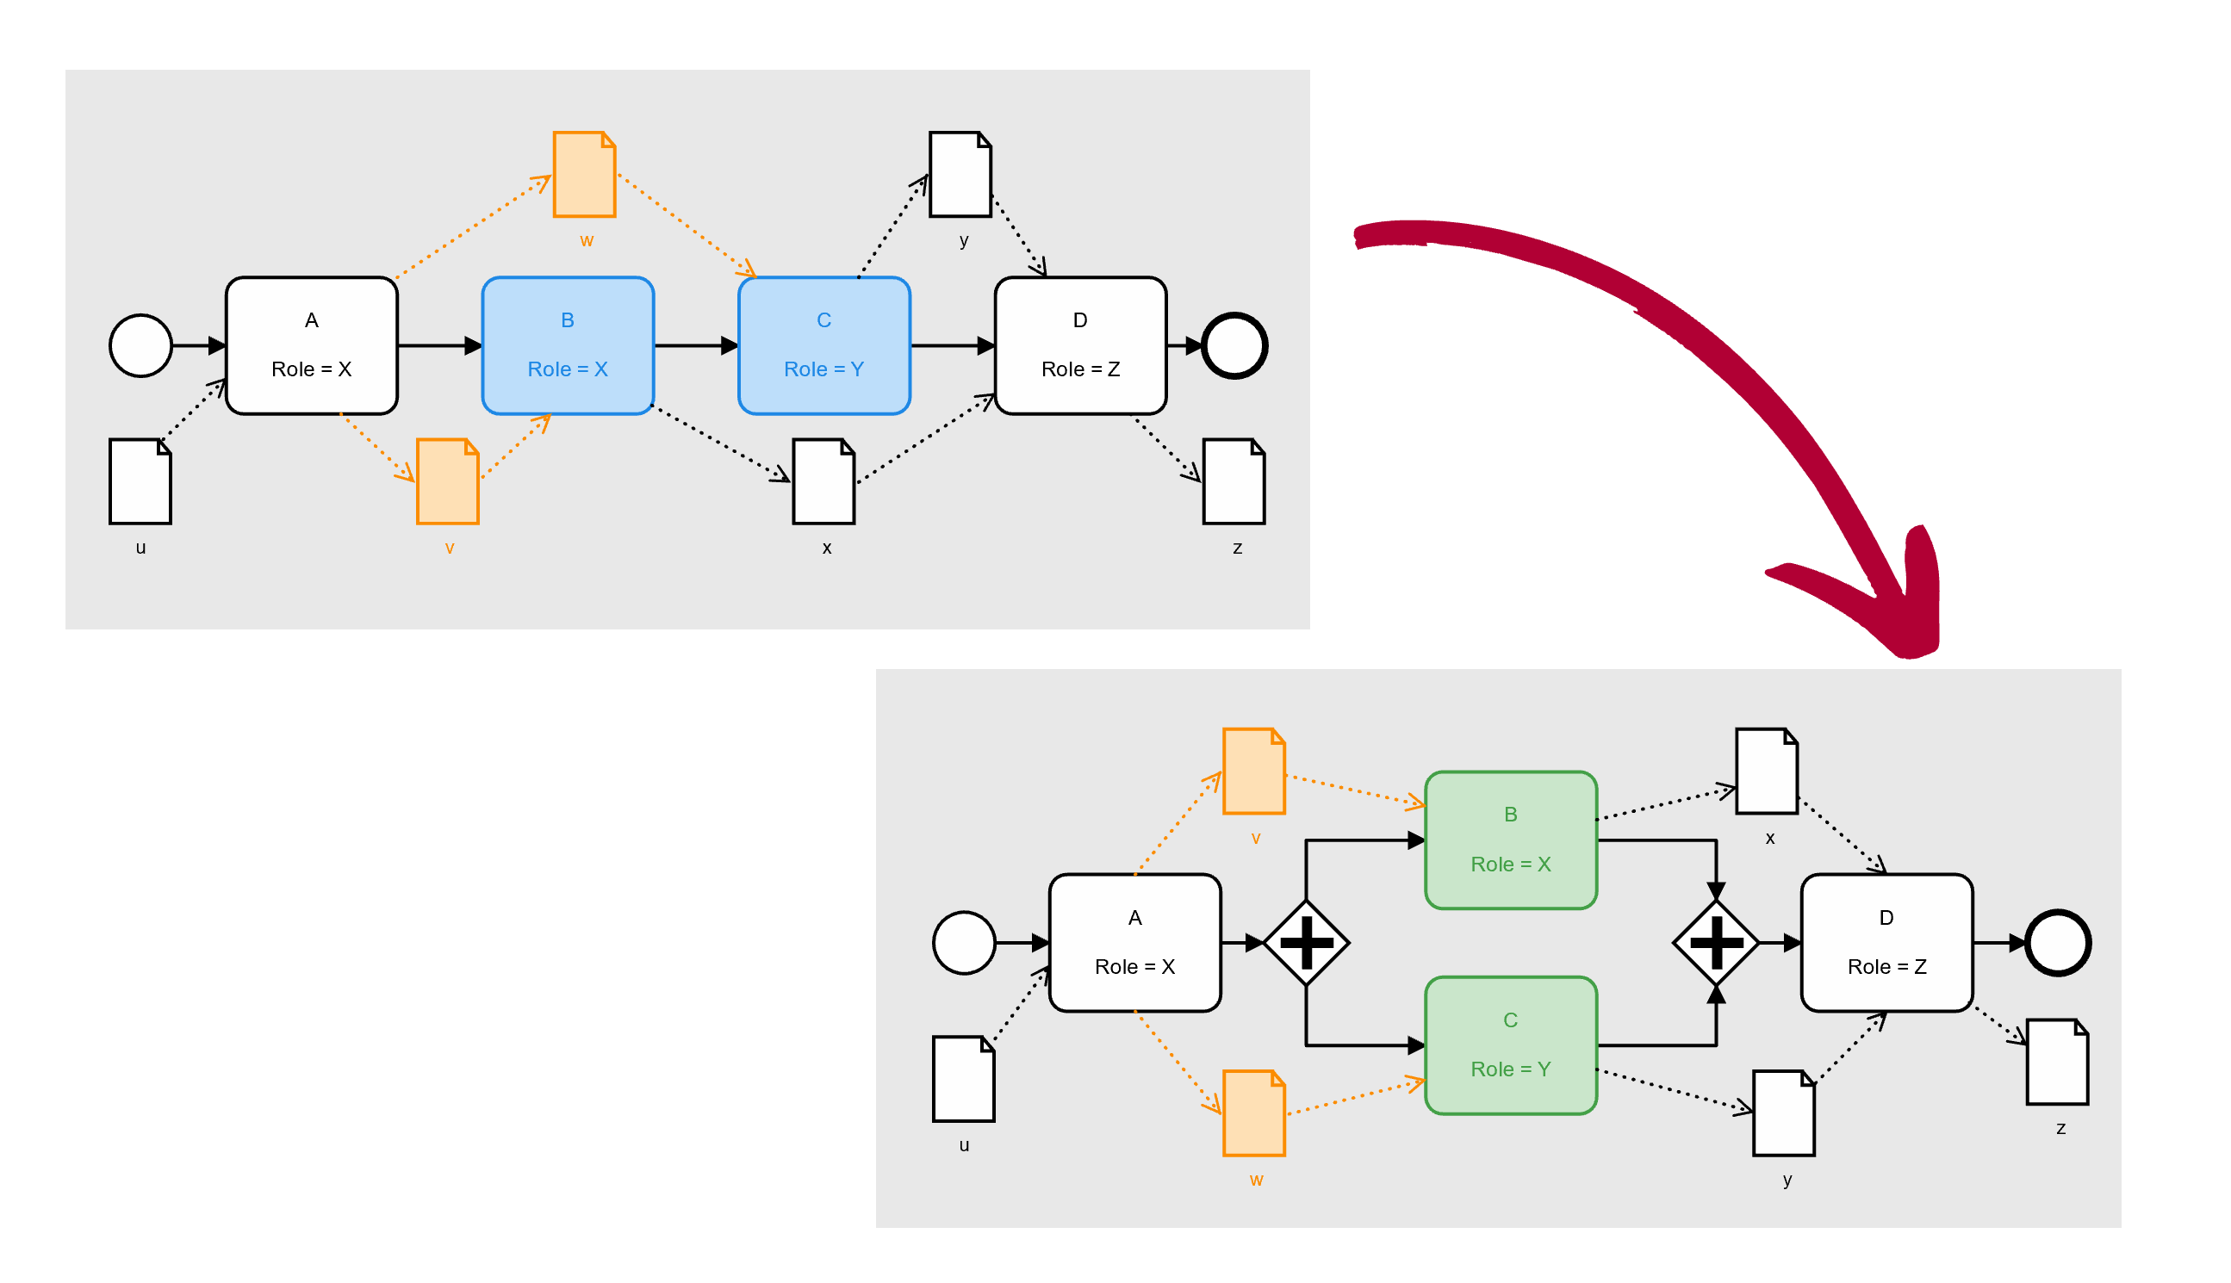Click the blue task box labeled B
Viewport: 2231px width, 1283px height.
click(x=568, y=345)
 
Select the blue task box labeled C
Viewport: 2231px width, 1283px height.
click(x=823, y=345)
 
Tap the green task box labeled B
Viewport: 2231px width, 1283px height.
click(x=1510, y=840)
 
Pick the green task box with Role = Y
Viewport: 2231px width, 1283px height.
click(x=1510, y=1045)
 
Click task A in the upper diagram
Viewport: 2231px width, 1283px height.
click(x=311, y=345)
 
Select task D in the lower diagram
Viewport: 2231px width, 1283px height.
click(x=1886, y=942)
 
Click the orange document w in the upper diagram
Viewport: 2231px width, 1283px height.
click(x=583, y=175)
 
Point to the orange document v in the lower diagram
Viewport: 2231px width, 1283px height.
click(x=1252, y=771)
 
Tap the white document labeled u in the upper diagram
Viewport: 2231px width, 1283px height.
click(x=140, y=481)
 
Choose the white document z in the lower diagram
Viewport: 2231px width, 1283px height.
click(x=2056, y=1062)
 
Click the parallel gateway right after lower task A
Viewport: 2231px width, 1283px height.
click(x=1306, y=942)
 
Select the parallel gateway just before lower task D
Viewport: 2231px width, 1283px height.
click(x=1715, y=942)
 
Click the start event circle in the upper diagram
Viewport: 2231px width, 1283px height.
click(x=140, y=345)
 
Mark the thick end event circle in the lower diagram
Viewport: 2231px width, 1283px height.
click(x=2056, y=942)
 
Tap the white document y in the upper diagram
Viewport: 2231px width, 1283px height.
click(x=960, y=175)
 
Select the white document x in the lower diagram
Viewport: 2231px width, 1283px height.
click(x=1766, y=771)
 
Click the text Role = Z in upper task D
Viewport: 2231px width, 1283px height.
click(x=1080, y=369)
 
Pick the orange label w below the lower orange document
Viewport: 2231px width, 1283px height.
click(x=1255, y=1180)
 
